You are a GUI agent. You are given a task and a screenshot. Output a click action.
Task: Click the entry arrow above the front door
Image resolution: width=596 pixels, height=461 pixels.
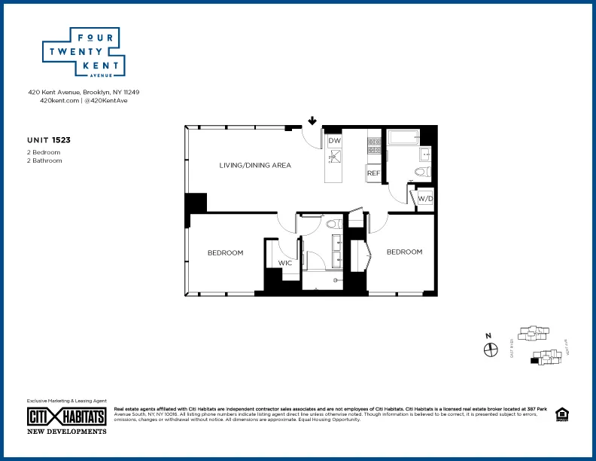pos(312,121)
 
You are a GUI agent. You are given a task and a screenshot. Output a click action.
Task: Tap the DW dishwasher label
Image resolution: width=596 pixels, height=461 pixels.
pos(335,141)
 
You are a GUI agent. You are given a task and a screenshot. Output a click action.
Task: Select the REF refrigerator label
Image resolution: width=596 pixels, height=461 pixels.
pos(373,173)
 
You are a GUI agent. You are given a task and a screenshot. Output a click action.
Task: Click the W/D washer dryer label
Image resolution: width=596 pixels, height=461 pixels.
pos(425,199)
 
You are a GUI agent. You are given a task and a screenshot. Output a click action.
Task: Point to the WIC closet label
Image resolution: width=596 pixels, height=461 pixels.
pos(285,263)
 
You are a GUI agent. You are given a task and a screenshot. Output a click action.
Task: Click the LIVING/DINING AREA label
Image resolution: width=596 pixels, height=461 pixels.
pos(255,165)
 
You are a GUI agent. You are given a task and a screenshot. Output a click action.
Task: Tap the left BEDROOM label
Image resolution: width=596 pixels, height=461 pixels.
pos(225,252)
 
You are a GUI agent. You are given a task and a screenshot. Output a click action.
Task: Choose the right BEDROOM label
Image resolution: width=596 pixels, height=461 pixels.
pos(404,252)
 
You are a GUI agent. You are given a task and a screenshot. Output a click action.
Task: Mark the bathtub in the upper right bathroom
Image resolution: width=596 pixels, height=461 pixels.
pos(403,138)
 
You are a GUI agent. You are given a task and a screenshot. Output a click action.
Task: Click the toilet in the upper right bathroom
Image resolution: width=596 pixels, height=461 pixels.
pos(421,172)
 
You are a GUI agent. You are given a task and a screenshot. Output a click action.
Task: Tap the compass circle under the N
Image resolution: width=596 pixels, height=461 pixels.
pos(491,350)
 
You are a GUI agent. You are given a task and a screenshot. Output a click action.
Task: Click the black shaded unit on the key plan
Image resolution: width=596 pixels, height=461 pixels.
pos(535,362)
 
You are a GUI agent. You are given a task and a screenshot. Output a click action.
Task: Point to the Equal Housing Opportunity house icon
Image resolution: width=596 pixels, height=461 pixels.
pos(561,414)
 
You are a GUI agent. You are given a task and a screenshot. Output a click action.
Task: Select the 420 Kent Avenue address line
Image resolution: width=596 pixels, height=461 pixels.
pos(84,92)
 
